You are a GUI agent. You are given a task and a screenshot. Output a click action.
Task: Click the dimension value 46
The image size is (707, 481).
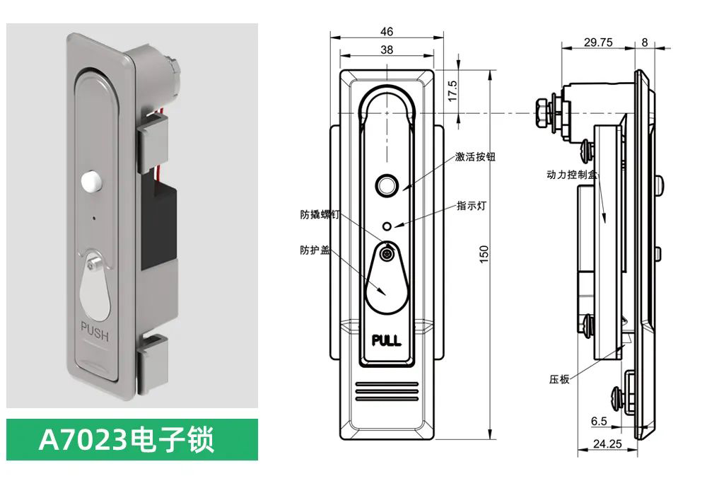pyautogui.click(x=386, y=31)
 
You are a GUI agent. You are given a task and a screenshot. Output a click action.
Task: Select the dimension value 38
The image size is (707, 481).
pyautogui.click(x=386, y=50)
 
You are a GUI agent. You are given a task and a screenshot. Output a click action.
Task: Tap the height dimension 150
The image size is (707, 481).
pyautogui.click(x=484, y=254)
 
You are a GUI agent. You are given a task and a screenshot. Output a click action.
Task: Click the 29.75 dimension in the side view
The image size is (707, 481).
pyautogui.click(x=598, y=42)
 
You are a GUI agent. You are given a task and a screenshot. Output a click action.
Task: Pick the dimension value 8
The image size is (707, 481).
pyautogui.click(x=644, y=42)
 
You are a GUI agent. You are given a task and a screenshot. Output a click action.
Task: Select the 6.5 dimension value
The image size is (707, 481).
pyautogui.click(x=599, y=422)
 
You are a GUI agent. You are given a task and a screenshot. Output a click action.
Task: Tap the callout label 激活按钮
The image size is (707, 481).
pyautogui.click(x=476, y=157)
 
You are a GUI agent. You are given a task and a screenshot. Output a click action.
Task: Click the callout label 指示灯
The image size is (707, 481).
pyautogui.click(x=472, y=206)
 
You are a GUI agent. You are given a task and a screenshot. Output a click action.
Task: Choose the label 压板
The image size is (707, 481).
pyautogui.click(x=559, y=379)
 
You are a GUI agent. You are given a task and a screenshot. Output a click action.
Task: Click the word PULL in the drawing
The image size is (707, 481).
pyautogui.click(x=386, y=340)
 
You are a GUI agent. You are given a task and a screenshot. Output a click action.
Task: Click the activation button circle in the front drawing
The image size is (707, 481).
pyautogui.click(x=386, y=185)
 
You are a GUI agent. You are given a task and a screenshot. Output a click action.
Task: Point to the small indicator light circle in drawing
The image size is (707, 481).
pyautogui.click(x=386, y=226)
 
